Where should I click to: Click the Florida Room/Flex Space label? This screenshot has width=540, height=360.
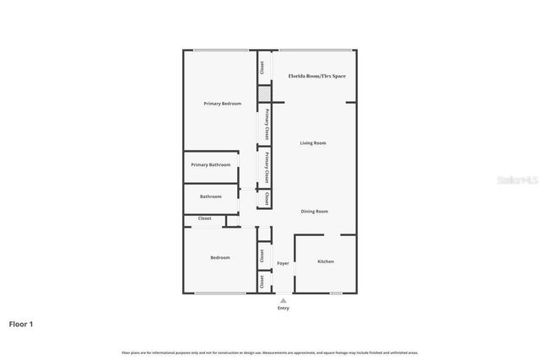[x=317, y=76]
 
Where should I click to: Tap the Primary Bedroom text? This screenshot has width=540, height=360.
[x=223, y=104]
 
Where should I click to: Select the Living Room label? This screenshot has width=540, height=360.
[x=313, y=143]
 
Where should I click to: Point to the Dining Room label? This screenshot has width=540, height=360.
[x=315, y=211]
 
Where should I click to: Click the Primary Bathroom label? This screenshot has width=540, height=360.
[x=210, y=164]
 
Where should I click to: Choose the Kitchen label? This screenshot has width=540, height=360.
[x=326, y=261]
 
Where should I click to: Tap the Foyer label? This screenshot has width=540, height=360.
[x=283, y=263]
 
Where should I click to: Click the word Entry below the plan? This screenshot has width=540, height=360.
[x=283, y=308]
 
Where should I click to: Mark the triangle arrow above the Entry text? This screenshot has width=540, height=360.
[x=283, y=299]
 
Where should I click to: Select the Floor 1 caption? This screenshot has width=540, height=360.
[x=21, y=324]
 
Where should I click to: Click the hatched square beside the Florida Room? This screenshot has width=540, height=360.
[x=265, y=93]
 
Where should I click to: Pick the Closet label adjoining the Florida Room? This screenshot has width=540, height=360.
[x=262, y=67]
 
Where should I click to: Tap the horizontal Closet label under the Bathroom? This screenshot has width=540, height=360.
[x=205, y=218]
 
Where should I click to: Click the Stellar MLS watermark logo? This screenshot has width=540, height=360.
[x=516, y=180]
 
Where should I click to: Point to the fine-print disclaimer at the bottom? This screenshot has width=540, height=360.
[x=270, y=352]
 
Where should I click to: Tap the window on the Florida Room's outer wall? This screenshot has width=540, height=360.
[x=316, y=50]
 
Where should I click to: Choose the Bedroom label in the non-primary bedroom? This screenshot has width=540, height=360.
[x=220, y=257]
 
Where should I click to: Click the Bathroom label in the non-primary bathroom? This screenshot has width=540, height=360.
[x=211, y=196]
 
